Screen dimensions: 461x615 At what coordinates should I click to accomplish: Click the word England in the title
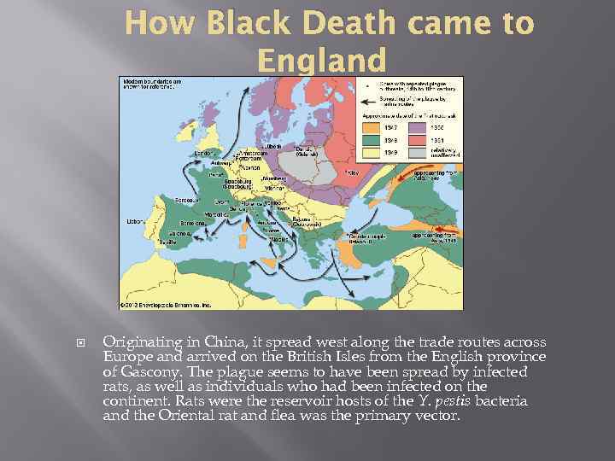[321, 60]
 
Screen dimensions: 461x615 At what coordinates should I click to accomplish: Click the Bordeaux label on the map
[187, 201]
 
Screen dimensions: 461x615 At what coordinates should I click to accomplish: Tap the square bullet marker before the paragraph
[82, 341]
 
